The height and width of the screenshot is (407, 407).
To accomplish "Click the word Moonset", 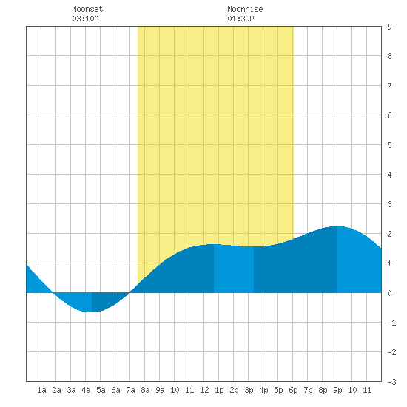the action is tap(87, 9).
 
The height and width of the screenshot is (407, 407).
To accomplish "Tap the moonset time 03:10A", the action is tap(85, 18).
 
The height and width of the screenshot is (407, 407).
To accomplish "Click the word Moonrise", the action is tap(245, 9).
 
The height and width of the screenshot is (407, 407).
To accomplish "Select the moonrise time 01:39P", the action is tap(240, 18).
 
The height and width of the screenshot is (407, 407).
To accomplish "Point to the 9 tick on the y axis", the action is tap(389, 27).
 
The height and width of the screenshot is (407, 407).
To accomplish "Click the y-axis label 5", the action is tap(389, 145).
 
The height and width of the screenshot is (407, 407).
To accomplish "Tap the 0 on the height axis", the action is tap(389, 293).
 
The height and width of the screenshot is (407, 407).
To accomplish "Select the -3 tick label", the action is tap(391, 382).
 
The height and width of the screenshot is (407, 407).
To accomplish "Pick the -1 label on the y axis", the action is tap(391, 323).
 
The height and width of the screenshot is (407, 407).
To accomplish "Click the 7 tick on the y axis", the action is tap(389, 86).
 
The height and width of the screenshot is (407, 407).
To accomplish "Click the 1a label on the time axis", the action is tap(41, 390).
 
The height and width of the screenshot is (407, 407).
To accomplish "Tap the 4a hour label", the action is tap(86, 390).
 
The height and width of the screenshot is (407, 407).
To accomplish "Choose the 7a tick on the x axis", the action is tap(130, 390).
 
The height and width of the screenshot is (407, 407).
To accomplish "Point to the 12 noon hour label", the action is tap(204, 390).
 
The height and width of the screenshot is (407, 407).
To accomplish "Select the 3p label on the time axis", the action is tap(249, 390).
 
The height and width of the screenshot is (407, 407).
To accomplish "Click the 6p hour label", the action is tap(293, 390).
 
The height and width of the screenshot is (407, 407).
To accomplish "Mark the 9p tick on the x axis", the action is tap(337, 390).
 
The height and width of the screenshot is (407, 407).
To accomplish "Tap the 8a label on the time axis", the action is tap(145, 390).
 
